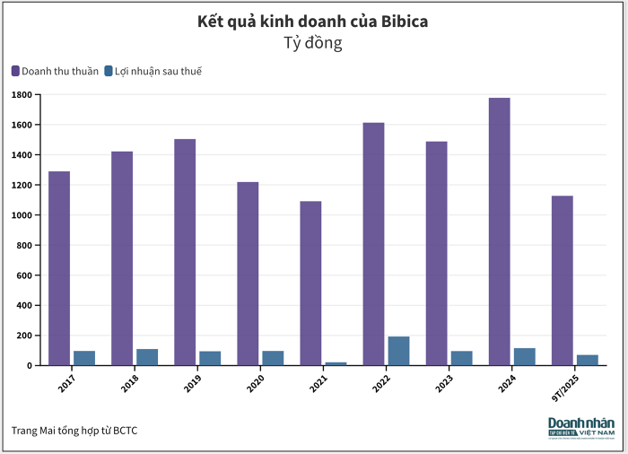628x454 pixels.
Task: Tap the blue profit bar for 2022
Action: [x=398, y=351]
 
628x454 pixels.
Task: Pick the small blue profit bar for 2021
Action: [x=336, y=363]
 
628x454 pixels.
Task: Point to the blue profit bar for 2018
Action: [x=147, y=357]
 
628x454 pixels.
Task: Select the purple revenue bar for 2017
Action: [x=59, y=268]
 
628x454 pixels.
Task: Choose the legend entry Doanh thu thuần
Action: [x=55, y=71]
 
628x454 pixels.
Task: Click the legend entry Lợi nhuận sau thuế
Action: [x=153, y=71]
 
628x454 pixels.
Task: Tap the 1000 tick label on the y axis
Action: [x=22, y=215]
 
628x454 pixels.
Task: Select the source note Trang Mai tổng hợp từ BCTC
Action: [x=74, y=431]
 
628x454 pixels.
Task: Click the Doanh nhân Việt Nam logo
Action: [x=581, y=428]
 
